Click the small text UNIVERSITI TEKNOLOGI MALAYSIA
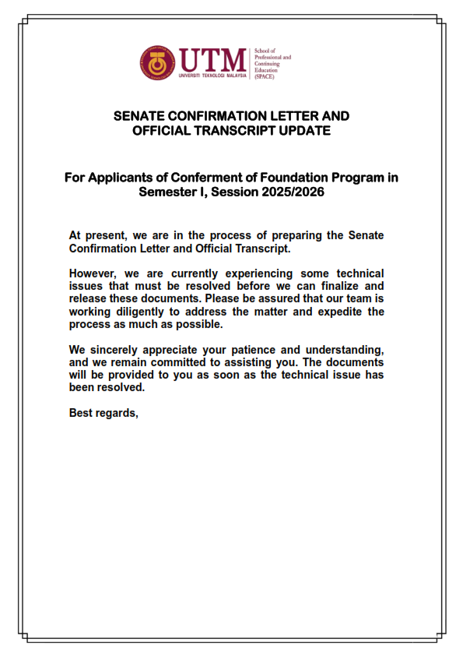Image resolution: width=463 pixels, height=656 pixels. (212, 76)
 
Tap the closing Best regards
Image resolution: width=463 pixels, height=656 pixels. (103, 413)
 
